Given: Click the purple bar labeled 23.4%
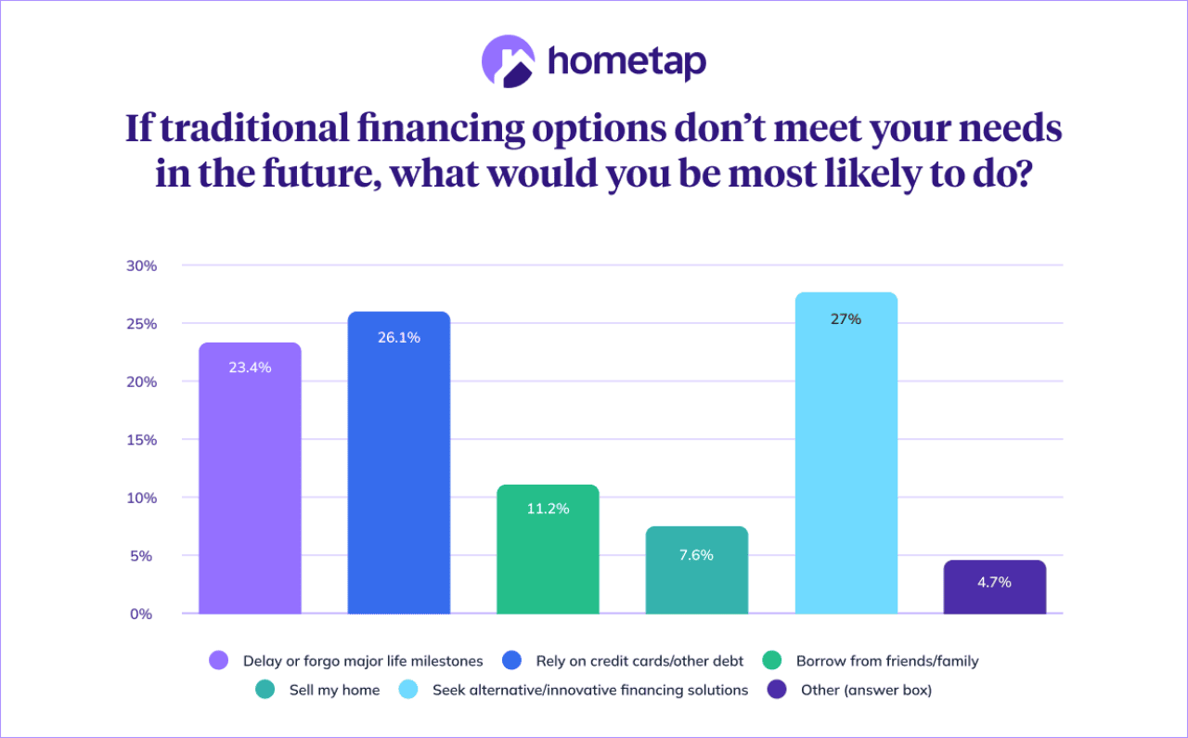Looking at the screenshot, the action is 250,478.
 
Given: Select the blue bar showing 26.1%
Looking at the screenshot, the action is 399,462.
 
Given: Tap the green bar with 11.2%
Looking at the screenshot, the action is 548,550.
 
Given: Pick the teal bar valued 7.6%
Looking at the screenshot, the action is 697,570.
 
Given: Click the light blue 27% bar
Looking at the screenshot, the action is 846,453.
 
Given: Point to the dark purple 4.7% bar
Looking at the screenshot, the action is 995,587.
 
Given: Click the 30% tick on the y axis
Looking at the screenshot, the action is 142,265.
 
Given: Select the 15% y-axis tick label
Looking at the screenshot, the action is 142,440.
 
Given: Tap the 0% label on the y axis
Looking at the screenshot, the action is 141,614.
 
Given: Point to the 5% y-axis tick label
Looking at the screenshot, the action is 141,556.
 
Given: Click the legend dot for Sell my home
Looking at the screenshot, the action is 265,690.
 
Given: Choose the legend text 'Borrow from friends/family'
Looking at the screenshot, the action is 887,661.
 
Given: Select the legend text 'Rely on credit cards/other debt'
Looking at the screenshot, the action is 639,661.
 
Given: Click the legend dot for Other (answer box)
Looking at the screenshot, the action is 777,690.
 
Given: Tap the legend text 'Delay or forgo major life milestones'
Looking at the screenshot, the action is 363,661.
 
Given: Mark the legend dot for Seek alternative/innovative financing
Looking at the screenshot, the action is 408,690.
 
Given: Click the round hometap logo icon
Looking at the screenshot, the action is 508,61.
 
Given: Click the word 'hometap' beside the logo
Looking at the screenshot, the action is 626,62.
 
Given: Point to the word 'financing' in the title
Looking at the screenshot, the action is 441,129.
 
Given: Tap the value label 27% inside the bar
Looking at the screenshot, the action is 846,318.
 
